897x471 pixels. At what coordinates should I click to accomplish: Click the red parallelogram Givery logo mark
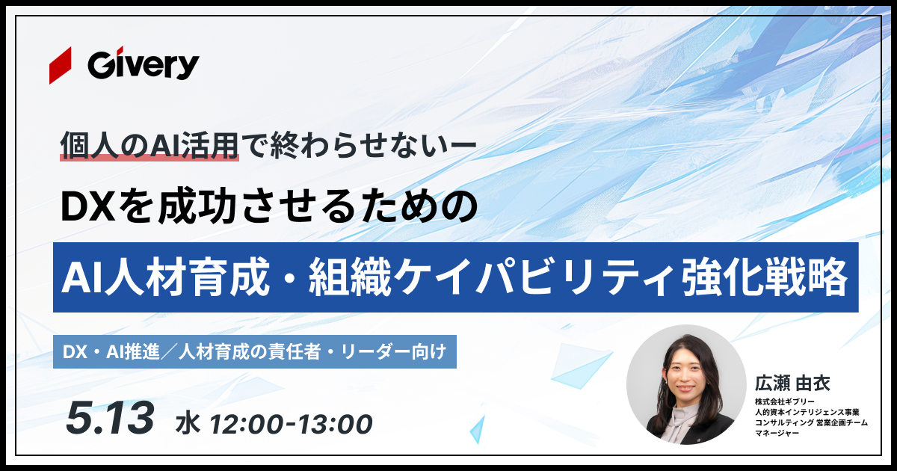[x=61, y=65]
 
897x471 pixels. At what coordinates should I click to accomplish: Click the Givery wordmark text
[x=144, y=65]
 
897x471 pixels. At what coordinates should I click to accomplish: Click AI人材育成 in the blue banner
[x=166, y=277]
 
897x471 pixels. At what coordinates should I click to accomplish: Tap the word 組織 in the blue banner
[x=350, y=277]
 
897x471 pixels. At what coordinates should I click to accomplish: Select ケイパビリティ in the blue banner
[x=535, y=277]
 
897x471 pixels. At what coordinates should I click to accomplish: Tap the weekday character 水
[x=188, y=424]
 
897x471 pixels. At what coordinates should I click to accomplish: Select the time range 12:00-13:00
[x=292, y=424]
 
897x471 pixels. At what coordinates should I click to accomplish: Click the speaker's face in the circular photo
[x=685, y=377]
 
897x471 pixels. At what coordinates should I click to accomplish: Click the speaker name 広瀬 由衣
[x=792, y=384]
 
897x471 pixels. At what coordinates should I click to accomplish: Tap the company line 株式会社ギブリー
[x=785, y=401]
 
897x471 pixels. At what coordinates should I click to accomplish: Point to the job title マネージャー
[x=777, y=433]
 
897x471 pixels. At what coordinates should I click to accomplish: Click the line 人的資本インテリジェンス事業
[x=807, y=412]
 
